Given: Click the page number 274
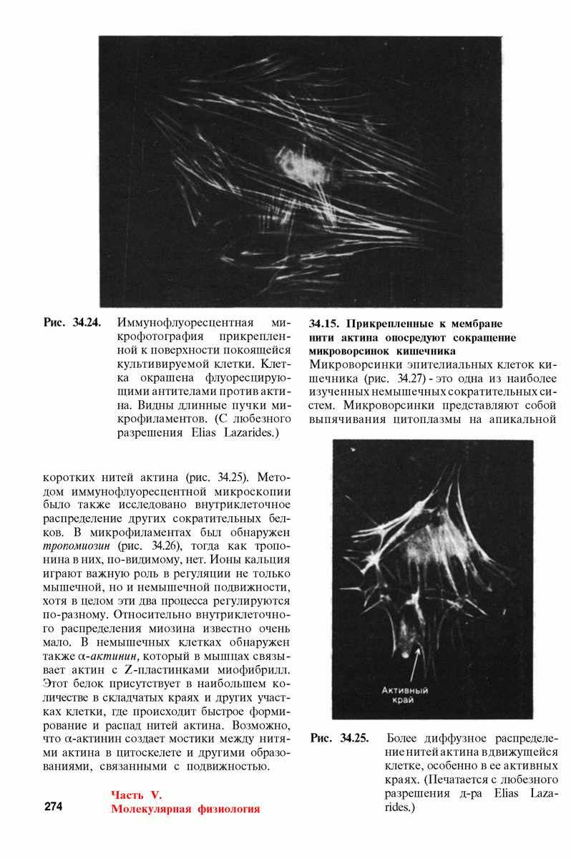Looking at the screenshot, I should click(x=54, y=807).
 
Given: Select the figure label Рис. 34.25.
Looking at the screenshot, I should click(x=339, y=738).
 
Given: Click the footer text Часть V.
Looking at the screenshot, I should click(x=137, y=795).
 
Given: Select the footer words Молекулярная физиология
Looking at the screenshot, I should click(x=185, y=809).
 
